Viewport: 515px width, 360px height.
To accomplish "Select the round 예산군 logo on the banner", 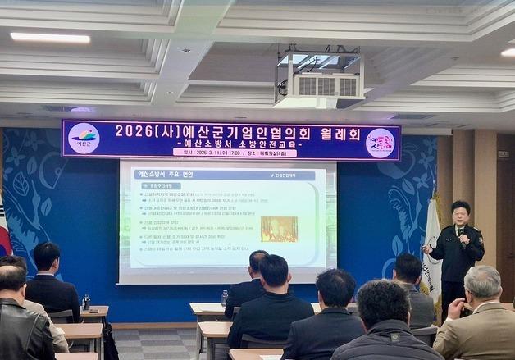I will [x=84, y=139].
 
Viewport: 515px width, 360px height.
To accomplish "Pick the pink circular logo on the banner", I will [x=380, y=143].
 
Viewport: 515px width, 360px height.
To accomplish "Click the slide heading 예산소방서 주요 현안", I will [x=164, y=174].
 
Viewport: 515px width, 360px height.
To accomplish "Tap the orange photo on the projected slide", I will [x=279, y=229].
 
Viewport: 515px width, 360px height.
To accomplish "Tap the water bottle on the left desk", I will [x=86, y=301].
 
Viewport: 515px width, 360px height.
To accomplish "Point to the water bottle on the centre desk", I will [x=224, y=297].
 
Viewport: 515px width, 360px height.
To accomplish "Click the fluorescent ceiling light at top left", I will [x=50, y=38].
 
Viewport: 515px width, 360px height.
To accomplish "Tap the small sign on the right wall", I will [x=503, y=153].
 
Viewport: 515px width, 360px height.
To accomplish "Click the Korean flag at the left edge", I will [x=4, y=230].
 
